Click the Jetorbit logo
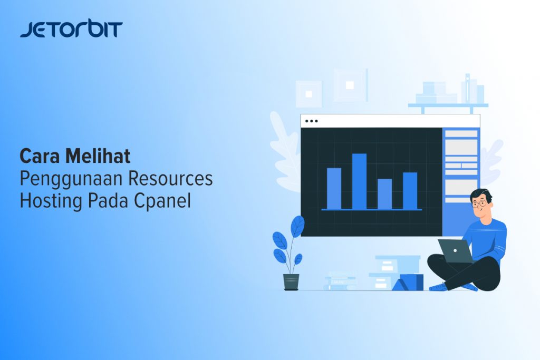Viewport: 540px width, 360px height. pos(71,29)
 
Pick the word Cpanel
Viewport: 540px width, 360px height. pos(162,201)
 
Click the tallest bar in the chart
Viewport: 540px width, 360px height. pos(359,181)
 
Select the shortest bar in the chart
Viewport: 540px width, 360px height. pos(384,194)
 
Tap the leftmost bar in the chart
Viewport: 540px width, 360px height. pos(334,188)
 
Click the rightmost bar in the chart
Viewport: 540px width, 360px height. pos(410,191)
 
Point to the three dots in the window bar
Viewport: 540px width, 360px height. pos(311,121)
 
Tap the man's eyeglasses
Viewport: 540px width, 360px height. pos(479,204)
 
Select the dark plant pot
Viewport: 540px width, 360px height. pos(291,282)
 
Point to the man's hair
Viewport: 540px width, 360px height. pos(482,194)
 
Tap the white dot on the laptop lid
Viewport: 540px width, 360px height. pos(455,250)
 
